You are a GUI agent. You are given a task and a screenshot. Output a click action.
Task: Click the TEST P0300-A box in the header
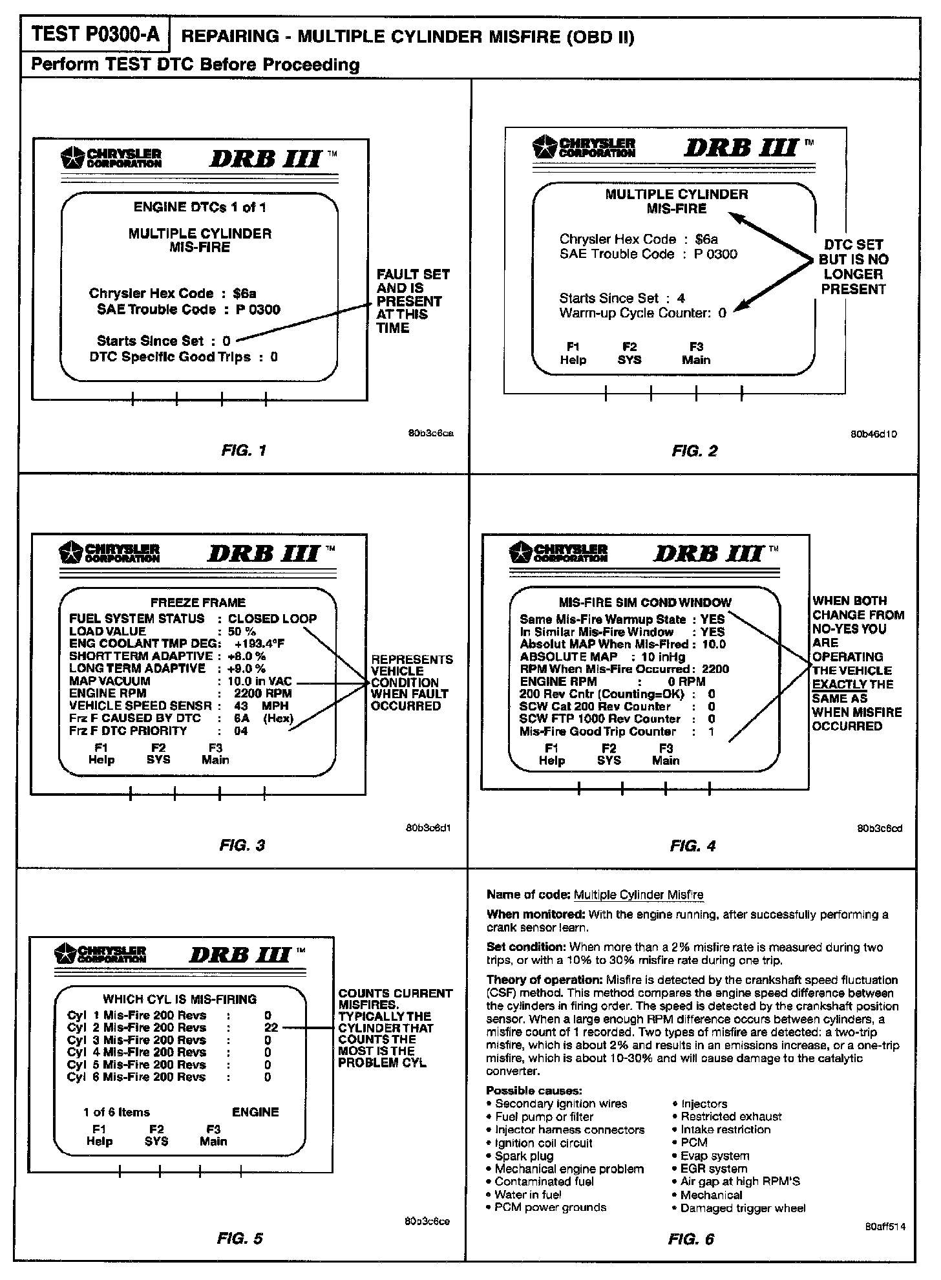(95, 35)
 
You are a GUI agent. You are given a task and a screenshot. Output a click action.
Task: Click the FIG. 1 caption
(244, 451)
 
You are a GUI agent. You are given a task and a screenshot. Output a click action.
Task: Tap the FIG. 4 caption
(693, 846)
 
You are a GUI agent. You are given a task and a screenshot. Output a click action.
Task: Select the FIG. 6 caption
(692, 1239)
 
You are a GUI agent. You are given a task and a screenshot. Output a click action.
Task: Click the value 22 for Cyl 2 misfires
(271, 1027)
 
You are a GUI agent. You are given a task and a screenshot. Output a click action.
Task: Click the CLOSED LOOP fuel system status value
(273, 619)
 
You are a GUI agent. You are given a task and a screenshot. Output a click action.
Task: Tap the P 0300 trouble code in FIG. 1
(258, 310)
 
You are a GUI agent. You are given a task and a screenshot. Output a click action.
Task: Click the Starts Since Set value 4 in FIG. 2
(681, 298)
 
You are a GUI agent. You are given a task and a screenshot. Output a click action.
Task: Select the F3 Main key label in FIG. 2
(696, 354)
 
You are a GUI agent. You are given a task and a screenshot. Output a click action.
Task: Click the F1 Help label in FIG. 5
(100, 1135)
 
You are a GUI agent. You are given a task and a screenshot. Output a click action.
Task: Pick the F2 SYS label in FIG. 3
(158, 754)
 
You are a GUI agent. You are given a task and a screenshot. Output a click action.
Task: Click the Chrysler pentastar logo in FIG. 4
(522, 553)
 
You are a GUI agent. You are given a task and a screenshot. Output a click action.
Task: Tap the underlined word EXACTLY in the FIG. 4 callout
(840, 685)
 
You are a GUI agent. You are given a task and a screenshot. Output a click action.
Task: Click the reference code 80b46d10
(874, 434)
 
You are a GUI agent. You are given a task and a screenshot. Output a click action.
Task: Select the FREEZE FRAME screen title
(198, 603)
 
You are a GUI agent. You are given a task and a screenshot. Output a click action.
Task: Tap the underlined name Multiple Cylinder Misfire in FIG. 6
(639, 895)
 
